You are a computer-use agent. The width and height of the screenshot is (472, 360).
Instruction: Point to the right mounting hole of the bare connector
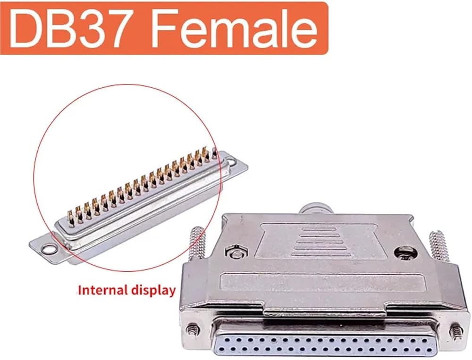tap(232, 161)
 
